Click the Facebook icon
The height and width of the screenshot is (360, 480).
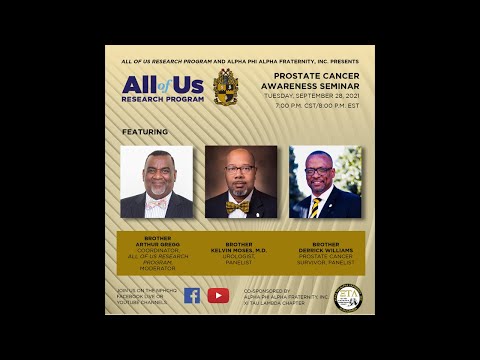(192, 295)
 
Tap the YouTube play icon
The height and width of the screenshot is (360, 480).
(218, 295)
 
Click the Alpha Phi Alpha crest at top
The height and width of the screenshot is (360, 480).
(225, 86)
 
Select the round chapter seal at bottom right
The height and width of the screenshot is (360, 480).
(347, 297)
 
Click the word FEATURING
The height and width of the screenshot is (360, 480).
(145, 131)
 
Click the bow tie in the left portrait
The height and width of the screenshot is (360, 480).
(155, 203)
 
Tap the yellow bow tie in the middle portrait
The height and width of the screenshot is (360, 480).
(237, 206)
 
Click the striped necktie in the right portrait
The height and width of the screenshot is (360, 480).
(319, 207)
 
